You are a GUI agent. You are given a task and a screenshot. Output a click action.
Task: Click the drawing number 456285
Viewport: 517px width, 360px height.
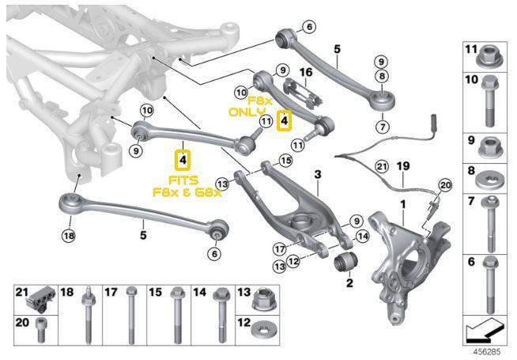[x=488, y=347]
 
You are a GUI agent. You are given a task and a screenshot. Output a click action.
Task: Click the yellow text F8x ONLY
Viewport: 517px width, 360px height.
[x=252, y=108]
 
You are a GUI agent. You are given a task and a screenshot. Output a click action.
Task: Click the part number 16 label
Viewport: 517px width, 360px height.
[x=305, y=72]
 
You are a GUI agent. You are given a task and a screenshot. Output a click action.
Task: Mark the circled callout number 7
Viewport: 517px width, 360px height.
[x=383, y=127]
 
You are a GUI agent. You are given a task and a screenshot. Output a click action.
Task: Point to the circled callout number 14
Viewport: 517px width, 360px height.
[x=363, y=235]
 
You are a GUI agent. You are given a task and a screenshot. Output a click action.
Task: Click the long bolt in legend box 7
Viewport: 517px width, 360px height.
[x=490, y=224]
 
